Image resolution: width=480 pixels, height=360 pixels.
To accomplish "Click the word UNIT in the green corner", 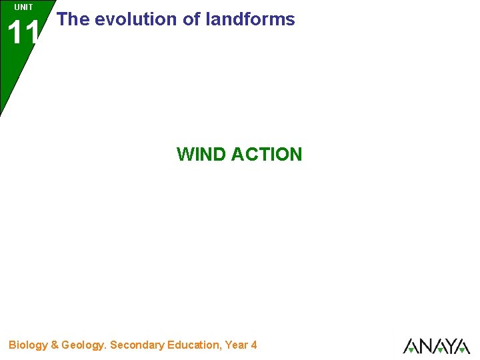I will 23,7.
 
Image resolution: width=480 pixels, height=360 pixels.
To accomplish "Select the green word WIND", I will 201,155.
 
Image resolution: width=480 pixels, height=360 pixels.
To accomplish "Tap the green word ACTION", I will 267,155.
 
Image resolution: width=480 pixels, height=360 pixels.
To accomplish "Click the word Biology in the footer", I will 28,345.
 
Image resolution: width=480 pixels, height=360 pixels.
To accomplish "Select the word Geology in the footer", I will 83,345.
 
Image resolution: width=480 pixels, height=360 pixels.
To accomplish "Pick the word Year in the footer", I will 236,345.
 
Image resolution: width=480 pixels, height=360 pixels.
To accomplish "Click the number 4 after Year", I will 253,345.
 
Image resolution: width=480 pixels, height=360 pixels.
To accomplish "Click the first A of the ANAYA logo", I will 411,346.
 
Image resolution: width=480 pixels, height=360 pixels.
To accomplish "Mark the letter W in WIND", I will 185,155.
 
